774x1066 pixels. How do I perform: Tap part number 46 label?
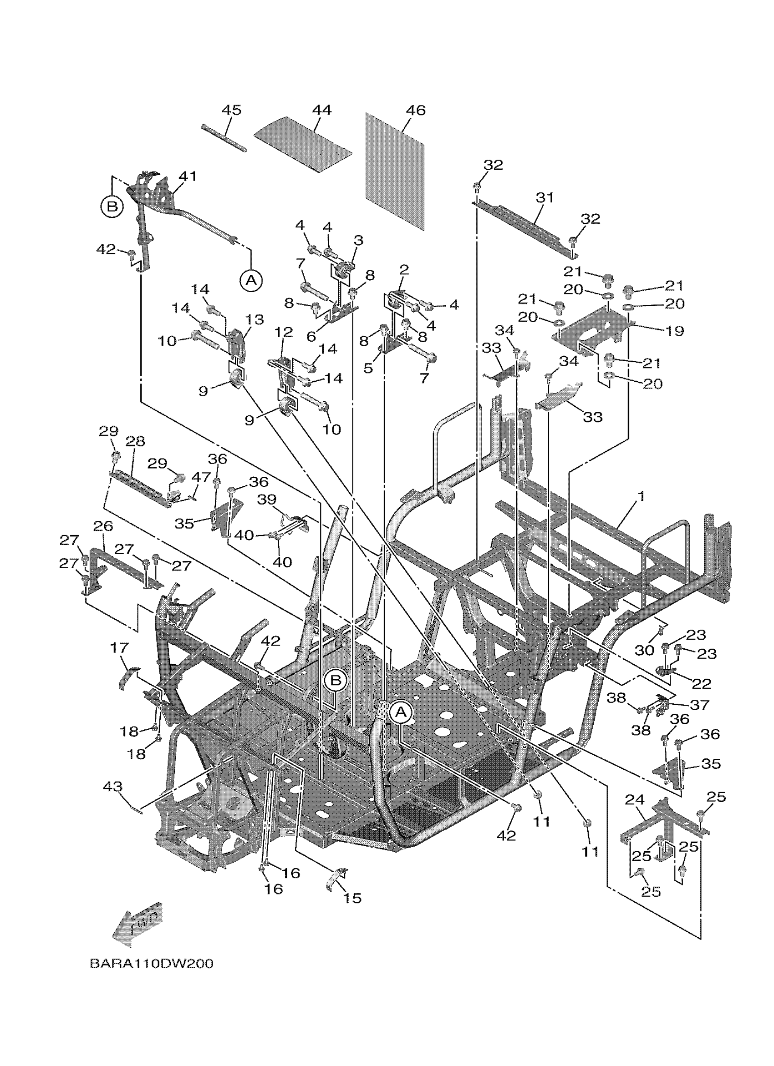pos(415,111)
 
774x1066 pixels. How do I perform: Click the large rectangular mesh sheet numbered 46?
pos(395,172)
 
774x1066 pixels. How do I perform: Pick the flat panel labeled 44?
pos(303,143)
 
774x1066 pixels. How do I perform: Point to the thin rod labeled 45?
pos(224,137)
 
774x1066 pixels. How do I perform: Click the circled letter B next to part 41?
pos(112,207)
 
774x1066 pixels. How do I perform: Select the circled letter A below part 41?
pos(251,280)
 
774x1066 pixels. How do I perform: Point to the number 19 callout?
pos(675,331)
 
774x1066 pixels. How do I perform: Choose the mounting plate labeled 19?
pos(592,330)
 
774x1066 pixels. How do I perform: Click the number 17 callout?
pos(119,648)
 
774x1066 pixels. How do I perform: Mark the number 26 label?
pos(103,526)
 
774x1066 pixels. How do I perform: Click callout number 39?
pos(267,500)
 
